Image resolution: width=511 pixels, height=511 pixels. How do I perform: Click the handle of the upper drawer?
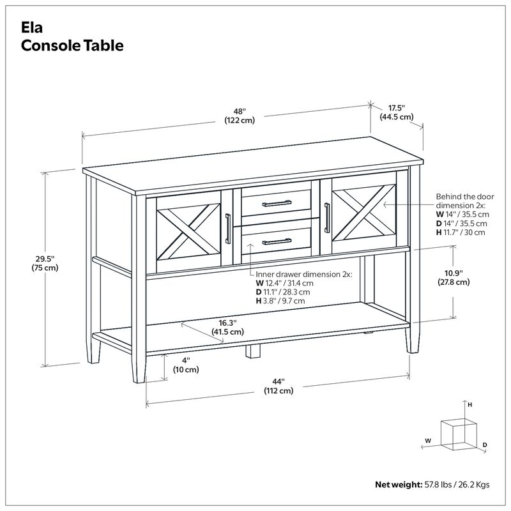pos(276,204)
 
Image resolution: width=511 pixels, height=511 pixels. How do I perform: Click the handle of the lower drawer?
pos(276,241)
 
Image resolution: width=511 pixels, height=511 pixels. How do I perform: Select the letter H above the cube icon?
pos(469,405)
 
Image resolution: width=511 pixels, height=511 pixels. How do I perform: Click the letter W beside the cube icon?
pos(427,440)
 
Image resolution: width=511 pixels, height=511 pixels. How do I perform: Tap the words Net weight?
pos(396,484)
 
